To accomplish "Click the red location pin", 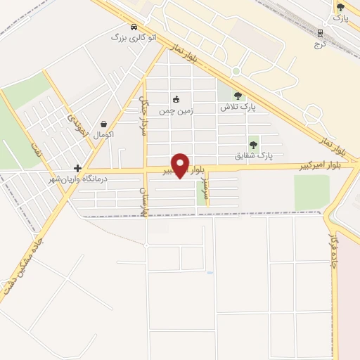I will pyautogui.click(x=181, y=166).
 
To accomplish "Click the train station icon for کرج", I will pyautogui.click(x=321, y=32).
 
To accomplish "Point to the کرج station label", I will pyautogui.click(x=321, y=44).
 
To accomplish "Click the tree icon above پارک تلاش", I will pyautogui.click(x=238, y=96).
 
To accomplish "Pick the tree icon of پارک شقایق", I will pyautogui.click(x=253, y=144).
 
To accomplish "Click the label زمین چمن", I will pyautogui.click(x=175, y=111).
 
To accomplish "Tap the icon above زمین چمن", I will pyautogui.click(x=175, y=99).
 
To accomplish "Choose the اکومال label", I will pyautogui.click(x=103, y=134).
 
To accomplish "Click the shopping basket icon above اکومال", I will pyautogui.click(x=103, y=123).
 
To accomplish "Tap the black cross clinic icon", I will pyautogui.click(x=77, y=169).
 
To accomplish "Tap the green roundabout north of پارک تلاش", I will pyautogui.click(x=236, y=71).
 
